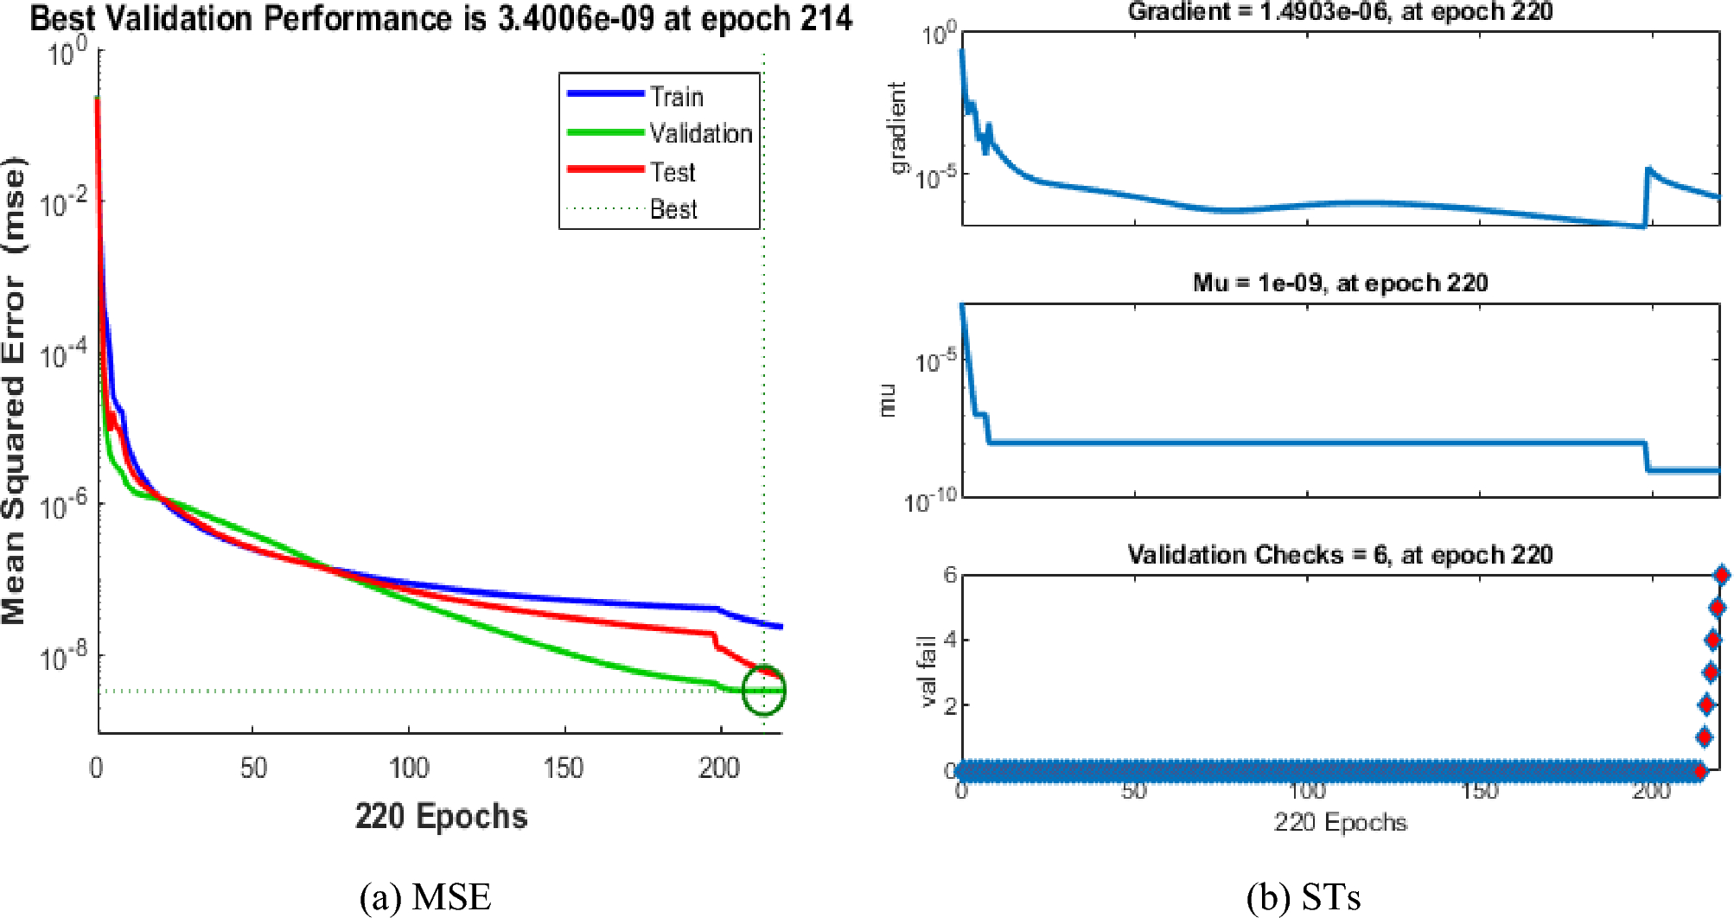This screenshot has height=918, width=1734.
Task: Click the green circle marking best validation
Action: (764, 690)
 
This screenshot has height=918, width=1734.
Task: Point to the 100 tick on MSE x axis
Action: (408, 768)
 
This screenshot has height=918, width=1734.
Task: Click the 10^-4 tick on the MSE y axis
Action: (65, 354)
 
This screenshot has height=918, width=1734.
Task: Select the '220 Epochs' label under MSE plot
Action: (441, 816)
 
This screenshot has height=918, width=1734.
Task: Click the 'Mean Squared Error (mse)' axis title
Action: (15, 389)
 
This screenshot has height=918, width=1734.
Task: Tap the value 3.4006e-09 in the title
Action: (576, 18)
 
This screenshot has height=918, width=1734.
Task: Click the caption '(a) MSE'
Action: (425, 897)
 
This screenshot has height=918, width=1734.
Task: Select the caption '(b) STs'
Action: (1304, 897)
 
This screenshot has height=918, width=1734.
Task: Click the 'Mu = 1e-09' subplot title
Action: (1340, 283)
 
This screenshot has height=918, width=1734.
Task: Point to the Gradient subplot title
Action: (1340, 11)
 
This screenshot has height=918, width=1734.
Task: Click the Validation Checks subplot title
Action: (1340, 554)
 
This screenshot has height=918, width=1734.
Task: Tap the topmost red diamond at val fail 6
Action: (1720, 575)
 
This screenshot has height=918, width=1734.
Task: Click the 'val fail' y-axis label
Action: (928, 671)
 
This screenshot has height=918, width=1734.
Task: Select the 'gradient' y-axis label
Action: (898, 128)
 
